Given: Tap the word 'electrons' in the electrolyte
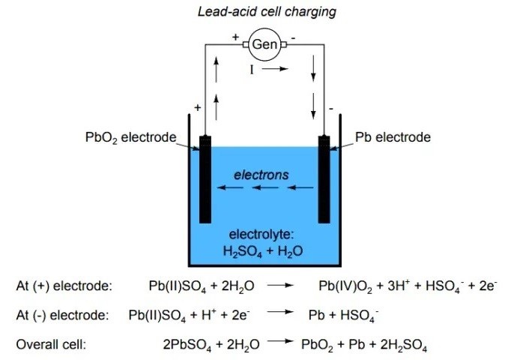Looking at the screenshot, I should [x=261, y=175].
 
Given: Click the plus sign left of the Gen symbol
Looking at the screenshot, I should [x=235, y=35].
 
